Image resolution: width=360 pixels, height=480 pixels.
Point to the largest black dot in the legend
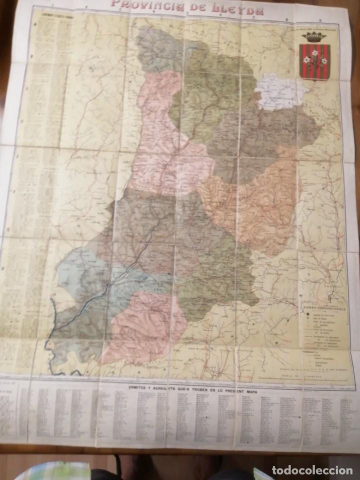(x=302, y=316)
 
